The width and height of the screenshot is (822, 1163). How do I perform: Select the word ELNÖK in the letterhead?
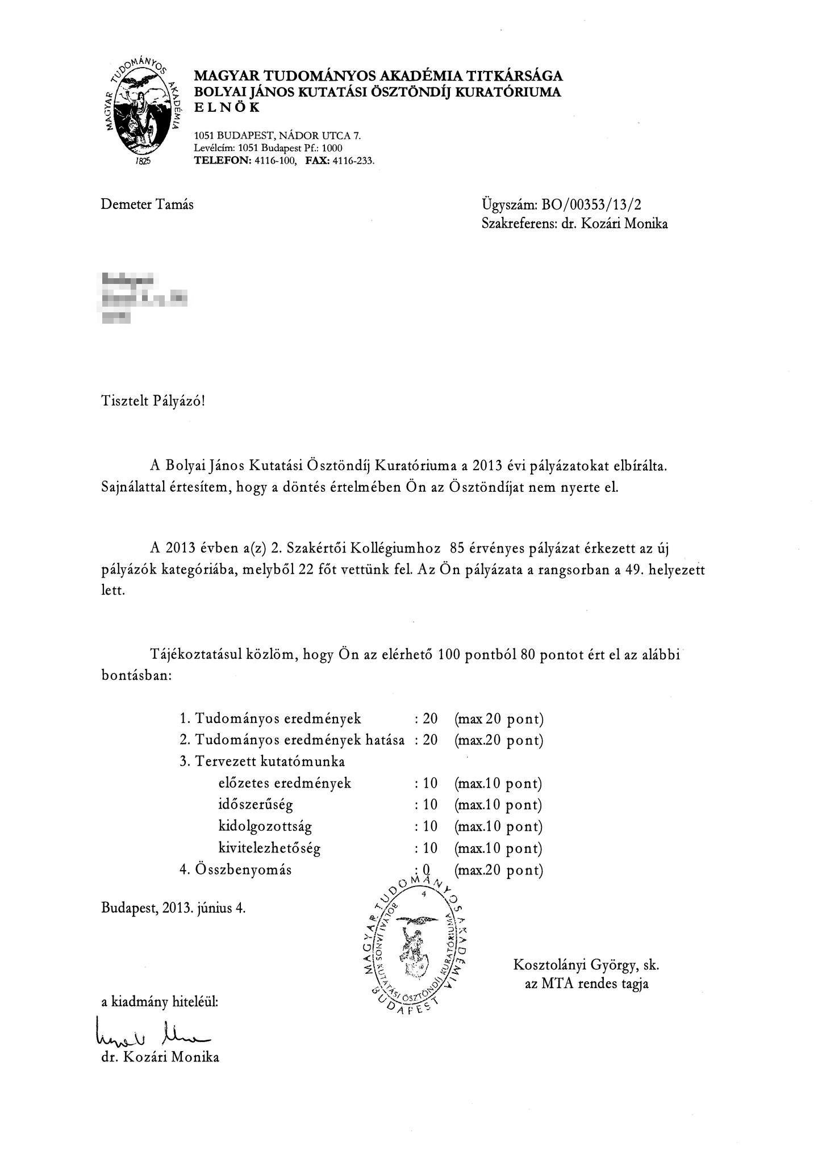tap(227, 107)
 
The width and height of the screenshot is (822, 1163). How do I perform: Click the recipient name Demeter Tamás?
tap(147, 204)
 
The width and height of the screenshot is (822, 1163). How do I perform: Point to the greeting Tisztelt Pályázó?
tap(152, 401)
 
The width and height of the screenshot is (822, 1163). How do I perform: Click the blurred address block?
tap(144, 298)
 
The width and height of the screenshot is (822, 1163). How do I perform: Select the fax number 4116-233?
tap(356, 161)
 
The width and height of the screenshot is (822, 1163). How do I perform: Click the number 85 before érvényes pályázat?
tap(457, 549)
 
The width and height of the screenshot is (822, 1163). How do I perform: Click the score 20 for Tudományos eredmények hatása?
tap(430, 740)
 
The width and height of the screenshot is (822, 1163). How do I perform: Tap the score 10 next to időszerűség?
tap(430, 805)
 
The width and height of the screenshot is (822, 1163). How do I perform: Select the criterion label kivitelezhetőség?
tap(269, 848)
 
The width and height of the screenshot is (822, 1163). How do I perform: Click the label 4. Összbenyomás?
tap(235, 869)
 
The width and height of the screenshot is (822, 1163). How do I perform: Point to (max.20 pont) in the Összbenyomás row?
tap(498, 869)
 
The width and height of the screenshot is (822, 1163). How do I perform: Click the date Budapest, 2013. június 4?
tap(173, 907)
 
